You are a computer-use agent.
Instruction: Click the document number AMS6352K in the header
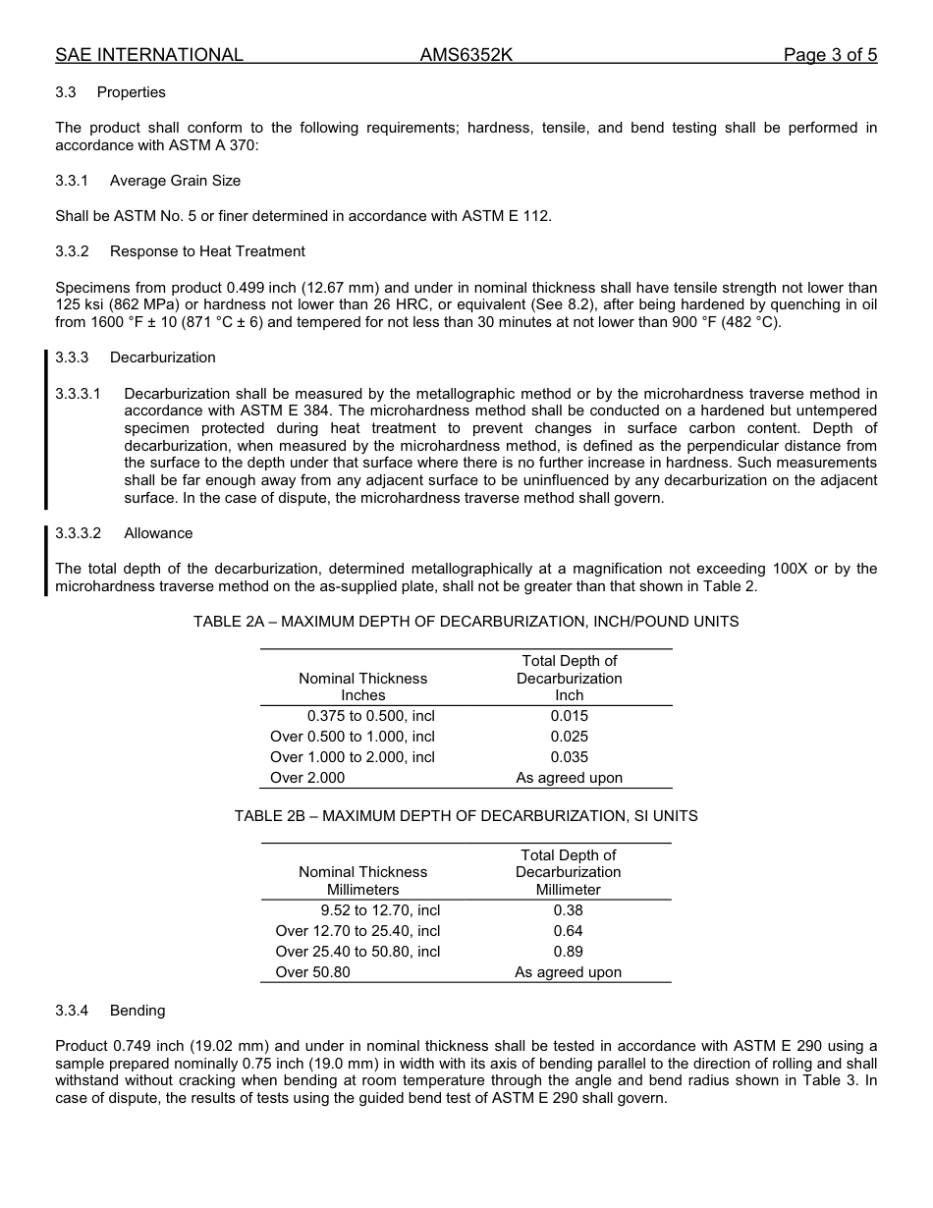point(466,55)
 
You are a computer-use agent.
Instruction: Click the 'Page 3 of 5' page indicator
point(830,55)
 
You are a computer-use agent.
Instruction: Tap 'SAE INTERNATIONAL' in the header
point(149,55)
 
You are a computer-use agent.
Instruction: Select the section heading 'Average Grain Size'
point(175,181)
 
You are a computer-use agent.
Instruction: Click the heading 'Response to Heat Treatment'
point(207,251)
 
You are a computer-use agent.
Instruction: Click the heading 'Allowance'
point(158,533)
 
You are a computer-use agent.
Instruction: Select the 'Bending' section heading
point(137,1011)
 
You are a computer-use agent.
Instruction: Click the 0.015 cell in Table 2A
point(570,716)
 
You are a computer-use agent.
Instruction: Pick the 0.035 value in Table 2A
point(570,757)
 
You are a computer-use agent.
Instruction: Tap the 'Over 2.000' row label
point(307,778)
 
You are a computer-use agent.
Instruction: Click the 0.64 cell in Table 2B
point(568,931)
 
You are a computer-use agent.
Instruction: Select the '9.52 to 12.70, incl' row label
point(380,910)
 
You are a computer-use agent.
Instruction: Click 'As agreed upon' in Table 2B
point(568,972)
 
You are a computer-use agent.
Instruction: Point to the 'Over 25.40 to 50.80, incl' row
point(357,952)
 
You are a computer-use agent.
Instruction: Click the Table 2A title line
point(466,622)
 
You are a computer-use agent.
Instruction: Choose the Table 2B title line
point(466,816)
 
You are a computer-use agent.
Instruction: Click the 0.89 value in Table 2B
point(568,952)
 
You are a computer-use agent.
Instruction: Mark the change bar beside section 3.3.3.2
point(45,561)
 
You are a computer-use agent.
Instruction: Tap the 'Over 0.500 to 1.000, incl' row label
point(352,737)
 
